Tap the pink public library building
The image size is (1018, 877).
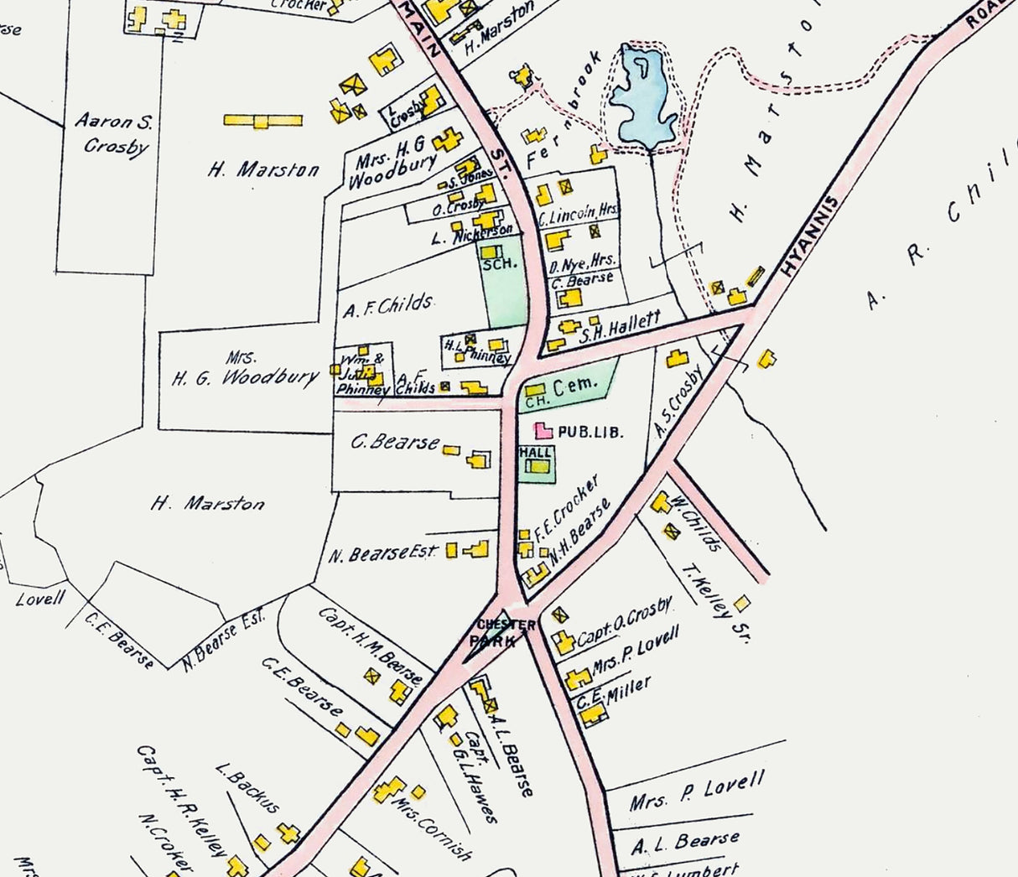[x=544, y=431]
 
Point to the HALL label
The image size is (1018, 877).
[x=536, y=452]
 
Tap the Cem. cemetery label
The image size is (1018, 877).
[x=581, y=386]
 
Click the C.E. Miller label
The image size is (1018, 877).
[x=614, y=693]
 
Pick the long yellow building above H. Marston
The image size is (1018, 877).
[x=262, y=121]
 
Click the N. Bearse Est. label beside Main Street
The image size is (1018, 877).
[x=382, y=553]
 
